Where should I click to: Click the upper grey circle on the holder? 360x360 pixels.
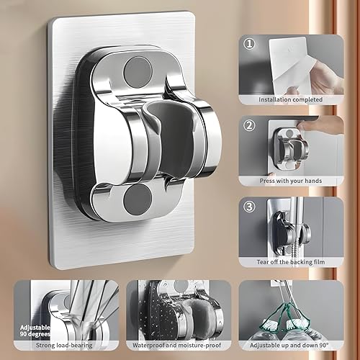[137, 73]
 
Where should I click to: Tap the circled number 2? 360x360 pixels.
[249, 124]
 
